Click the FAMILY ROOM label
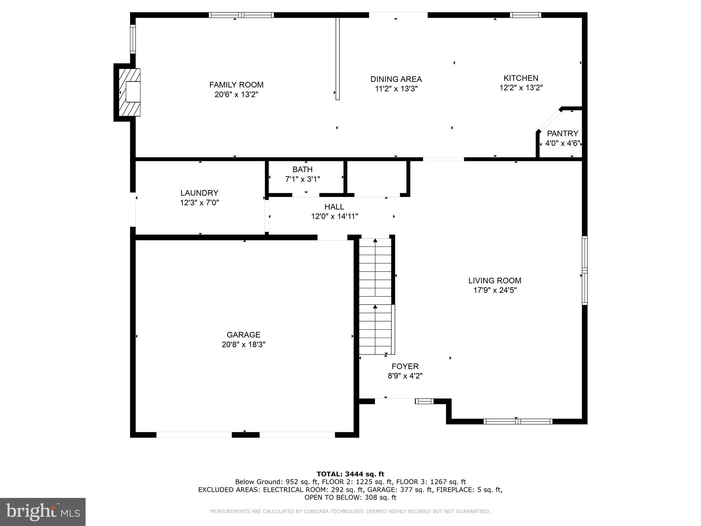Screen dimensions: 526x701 (236, 85)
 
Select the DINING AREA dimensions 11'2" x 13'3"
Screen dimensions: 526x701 (396, 89)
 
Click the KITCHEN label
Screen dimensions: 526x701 (521, 78)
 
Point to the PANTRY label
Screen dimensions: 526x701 (562, 134)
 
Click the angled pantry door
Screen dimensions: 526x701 (549, 120)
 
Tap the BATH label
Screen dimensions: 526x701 (302, 170)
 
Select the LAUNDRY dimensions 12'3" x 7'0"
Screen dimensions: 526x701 (199, 203)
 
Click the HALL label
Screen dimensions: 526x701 (334, 207)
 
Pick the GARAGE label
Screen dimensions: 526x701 (243, 335)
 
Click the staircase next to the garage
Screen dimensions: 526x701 (375, 297)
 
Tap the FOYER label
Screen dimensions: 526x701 (405, 366)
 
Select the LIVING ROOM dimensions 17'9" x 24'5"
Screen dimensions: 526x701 (495, 290)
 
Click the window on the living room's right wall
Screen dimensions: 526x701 (585, 271)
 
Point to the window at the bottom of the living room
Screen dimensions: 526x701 (518, 422)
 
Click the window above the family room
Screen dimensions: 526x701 (241, 15)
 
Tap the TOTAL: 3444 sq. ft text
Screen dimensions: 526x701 (350, 474)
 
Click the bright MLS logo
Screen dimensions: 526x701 (43, 512)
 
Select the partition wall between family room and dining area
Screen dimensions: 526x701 (337, 58)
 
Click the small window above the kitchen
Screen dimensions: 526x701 (525, 15)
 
